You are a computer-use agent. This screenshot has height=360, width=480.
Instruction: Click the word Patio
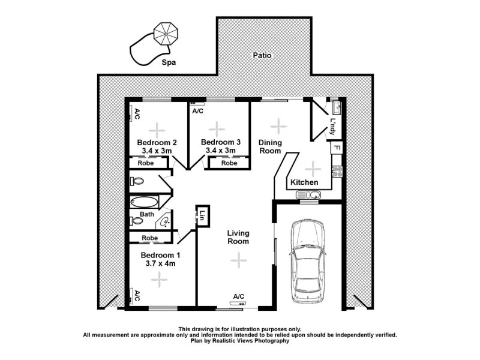click(x=262, y=55)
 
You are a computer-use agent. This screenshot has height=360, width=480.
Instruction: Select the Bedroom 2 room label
click(x=157, y=143)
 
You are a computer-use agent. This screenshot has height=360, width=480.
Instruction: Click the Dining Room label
click(x=270, y=147)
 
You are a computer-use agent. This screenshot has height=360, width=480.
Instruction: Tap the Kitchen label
click(x=304, y=182)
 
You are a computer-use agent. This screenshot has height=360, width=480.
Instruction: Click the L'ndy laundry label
click(x=333, y=125)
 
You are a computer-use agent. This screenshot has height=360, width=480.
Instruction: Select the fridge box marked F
click(x=337, y=148)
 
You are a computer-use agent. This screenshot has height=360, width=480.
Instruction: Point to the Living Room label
click(x=238, y=237)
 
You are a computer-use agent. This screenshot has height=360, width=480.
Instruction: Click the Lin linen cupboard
click(x=203, y=215)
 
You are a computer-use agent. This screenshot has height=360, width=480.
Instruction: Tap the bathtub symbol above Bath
click(x=143, y=203)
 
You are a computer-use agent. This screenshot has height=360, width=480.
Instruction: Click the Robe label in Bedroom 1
click(x=149, y=238)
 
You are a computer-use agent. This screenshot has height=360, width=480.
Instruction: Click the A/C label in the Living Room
click(x=238, y=296)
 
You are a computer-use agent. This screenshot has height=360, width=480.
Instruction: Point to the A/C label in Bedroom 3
click(x=197, y=112)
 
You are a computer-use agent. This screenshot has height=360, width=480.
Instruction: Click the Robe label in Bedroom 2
click(x=145, y=163)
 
